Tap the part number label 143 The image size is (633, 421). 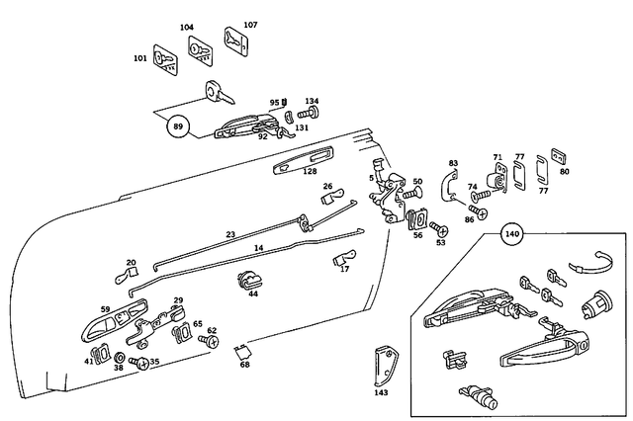(x=382, y=392)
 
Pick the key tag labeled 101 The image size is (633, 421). (x=165, y=60)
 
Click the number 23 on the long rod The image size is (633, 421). (x=229, y=234)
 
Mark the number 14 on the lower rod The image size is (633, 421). (x=258, y=249)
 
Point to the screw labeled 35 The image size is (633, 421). (x=141, y=365)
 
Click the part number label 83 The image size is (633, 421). (x=453, y=163)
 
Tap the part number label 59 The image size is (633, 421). (x=105, y=308)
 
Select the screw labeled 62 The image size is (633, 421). (x=209, y=341)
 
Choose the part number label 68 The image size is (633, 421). (x=244, y=366)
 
